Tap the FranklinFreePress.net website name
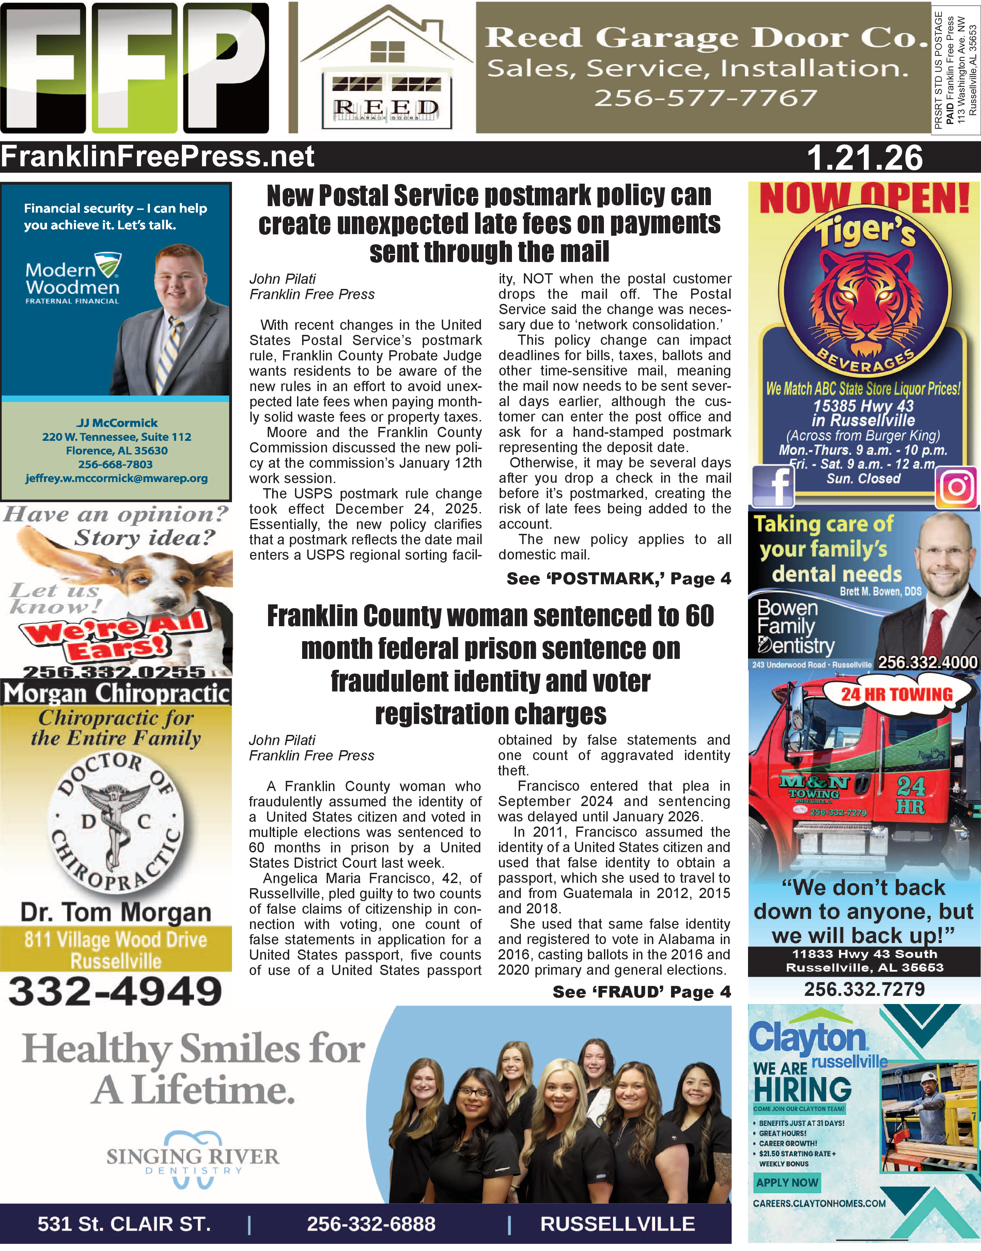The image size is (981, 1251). (158, 157)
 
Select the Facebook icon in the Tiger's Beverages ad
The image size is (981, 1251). (773, 486)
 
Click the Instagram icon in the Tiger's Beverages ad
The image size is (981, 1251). (956, 487)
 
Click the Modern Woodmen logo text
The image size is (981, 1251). (72, 279)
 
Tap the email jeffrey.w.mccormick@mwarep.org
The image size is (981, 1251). (116, 478)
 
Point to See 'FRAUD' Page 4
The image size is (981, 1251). (641, 991)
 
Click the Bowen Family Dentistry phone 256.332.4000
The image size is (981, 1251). (927, 662)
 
